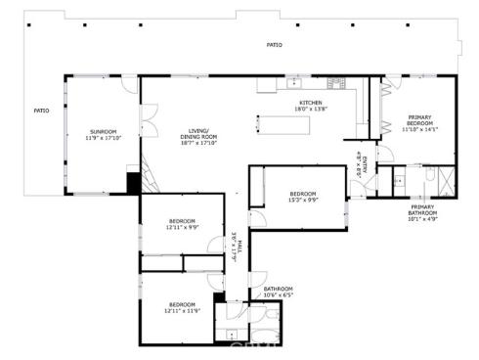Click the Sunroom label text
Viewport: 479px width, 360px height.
[x=104, y=131]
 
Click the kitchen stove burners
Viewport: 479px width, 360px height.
[x=336, y=81]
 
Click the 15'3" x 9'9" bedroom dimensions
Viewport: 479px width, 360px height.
[x=297, y=199]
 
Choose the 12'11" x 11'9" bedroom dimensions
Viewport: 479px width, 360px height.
[x=183, y=310]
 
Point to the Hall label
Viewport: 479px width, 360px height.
[x=235, y=245]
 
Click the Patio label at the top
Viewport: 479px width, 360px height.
[x=276, y=45]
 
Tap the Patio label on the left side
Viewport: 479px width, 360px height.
[x=41, y=111]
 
